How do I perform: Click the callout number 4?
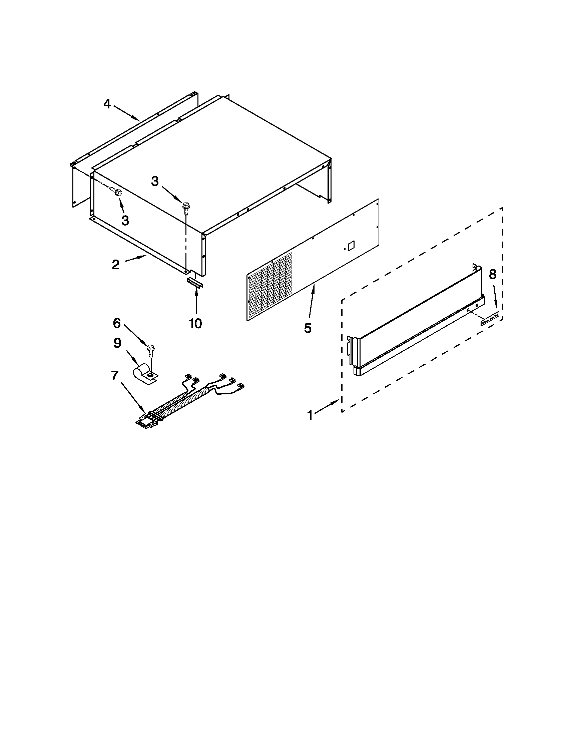click(x=107, y=104)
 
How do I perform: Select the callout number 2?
click(x=115, y=265)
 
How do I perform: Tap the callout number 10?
click(x=195, y=324)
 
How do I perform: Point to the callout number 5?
click(x=308, y=328)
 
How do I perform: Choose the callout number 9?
click(x=117, y=343)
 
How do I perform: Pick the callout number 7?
click(x=114, y=375)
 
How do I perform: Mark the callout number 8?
click(x=492, y=274)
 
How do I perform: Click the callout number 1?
click(x=310, y=415)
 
